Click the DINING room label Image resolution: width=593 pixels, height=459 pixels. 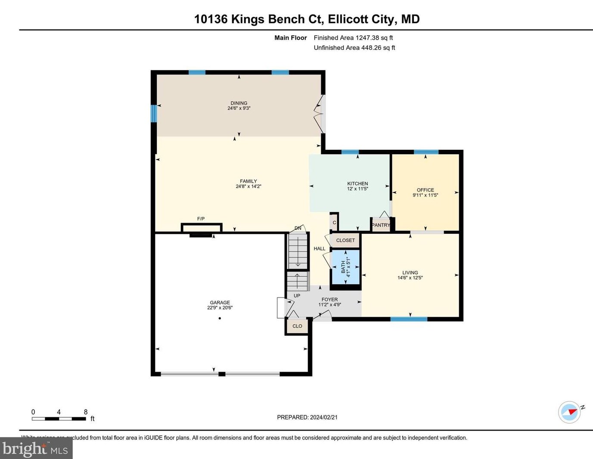coord(239,103)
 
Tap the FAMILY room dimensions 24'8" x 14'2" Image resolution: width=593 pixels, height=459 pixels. coord(248,186)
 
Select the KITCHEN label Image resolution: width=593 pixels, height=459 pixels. coord(357,183)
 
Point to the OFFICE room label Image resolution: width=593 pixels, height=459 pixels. coord(425,190)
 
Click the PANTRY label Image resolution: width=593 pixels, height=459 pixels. coord(381,225)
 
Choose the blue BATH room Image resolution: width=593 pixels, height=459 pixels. coord(345,267)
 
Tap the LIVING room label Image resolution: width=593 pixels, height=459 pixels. coord(410,273)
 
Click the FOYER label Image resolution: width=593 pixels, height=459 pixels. coord(329,299)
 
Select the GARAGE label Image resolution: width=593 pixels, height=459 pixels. coord(220,303)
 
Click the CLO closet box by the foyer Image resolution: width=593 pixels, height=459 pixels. coord(297,326)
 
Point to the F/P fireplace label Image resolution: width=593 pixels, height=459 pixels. coord(201,219)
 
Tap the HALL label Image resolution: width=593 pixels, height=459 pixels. coord(320,248)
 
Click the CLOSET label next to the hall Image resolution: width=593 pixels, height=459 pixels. coord(345,240)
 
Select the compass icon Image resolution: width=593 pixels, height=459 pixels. coord(569,412)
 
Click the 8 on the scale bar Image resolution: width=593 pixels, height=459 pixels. coord(86,412)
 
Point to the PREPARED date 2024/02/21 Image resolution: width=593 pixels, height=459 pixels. coord(307,417)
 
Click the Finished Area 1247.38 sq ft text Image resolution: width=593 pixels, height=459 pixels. coord(353,38)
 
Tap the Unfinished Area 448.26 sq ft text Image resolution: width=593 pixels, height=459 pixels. coord(354,48)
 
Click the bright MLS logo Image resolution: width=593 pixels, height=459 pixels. coord(36,449)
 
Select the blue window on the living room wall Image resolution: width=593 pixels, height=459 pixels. coord(409,319)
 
